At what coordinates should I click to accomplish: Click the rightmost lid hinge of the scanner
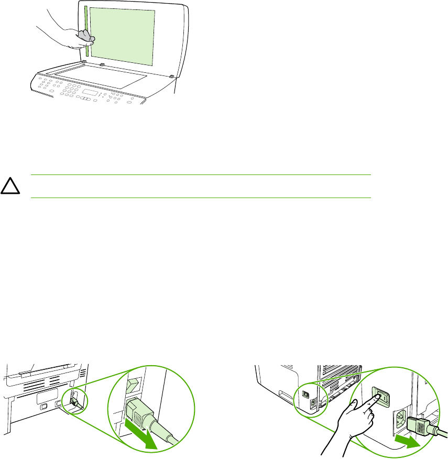point(172,76)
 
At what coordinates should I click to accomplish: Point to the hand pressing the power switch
point(354,419)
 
